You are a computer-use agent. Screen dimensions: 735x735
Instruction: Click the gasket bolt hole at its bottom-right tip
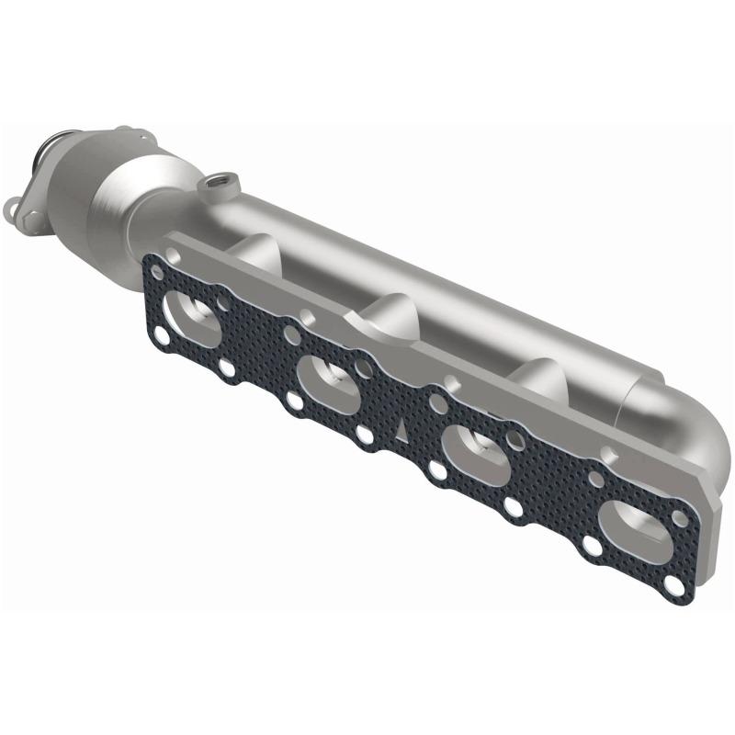pyautogui.click(x=675, y=587)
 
